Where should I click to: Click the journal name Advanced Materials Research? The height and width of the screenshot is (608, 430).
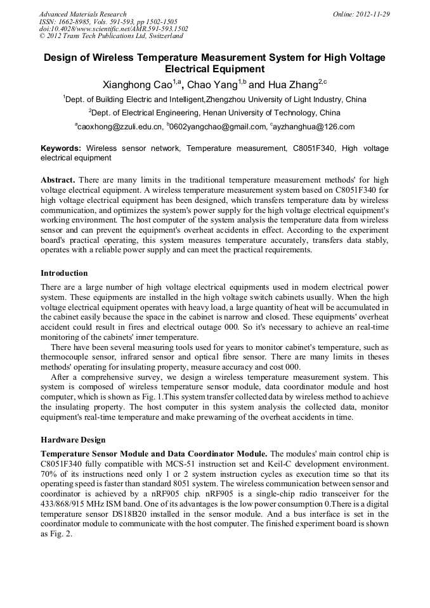pyautogui.click(x=82, y=14)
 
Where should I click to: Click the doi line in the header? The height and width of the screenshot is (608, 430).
pyautogui.click(x=114, y=29)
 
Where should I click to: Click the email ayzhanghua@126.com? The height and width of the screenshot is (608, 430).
pyautogui.click(x=314, y=127)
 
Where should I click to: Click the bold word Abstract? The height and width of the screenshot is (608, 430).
pyautogui.click(x=58, y=180)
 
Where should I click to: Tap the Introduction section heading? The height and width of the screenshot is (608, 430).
pyautogui.click(x=64, y=273)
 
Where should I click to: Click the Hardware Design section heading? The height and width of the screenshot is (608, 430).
pyautogui.click(x=73, y=440)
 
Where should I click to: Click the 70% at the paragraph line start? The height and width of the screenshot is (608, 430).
pyautogui.click(x=49, y=474)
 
